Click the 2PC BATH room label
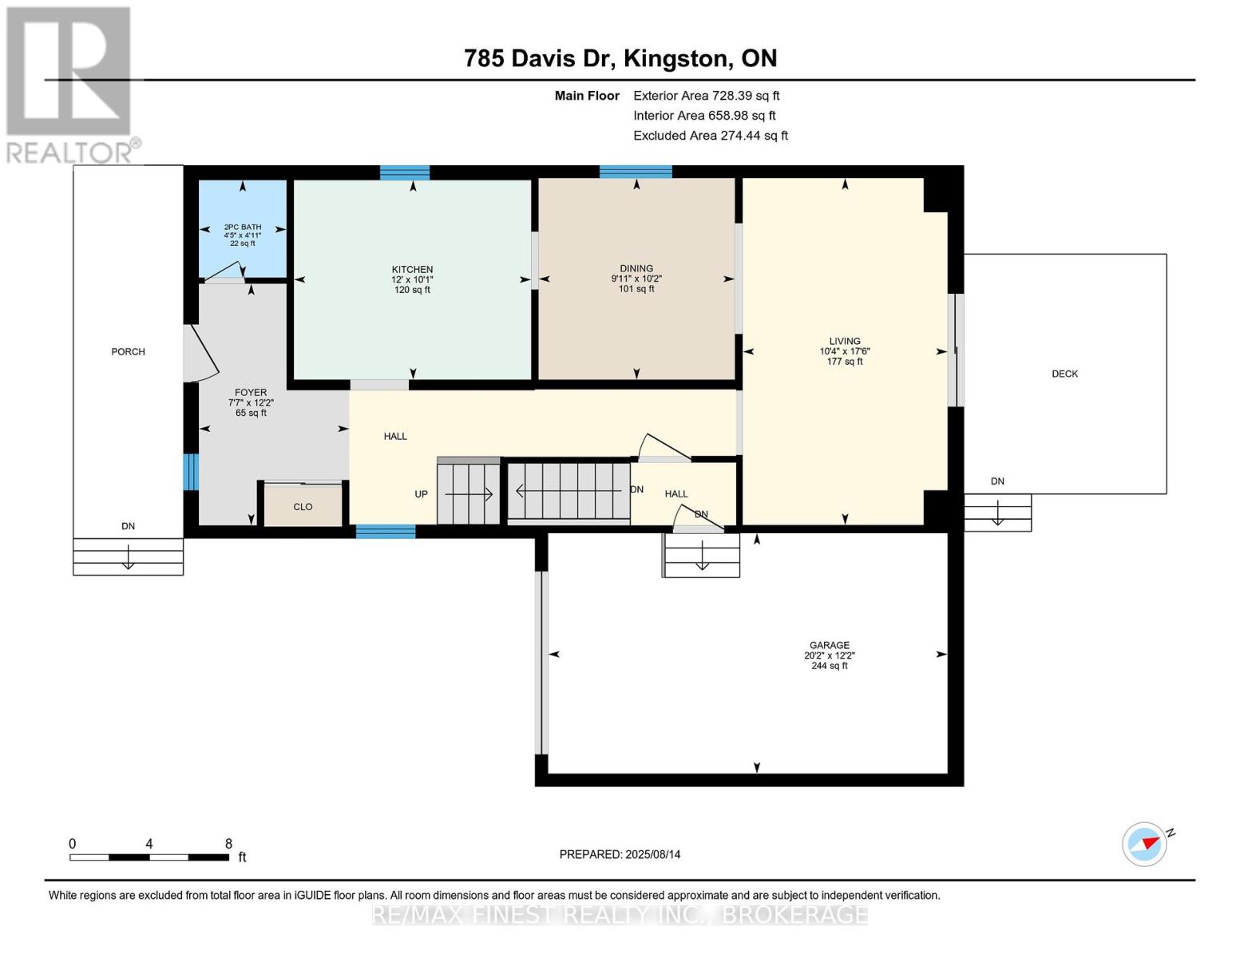click(243, 227)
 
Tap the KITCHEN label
click(412, 269)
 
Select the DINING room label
click(636, 268)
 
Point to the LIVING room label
click(845, 341)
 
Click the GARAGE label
click(829, 645)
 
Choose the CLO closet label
click(303, 507)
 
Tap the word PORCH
click(128, 351)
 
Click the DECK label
click(1065, 374)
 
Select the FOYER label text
click(251, 393)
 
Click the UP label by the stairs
click(421, 494)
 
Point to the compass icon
click(1144, 845)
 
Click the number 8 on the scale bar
click(228, 843)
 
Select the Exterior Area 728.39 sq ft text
click(706, 96)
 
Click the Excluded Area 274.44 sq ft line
click(711, 136)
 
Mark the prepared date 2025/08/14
click(653, 854)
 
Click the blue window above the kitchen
click(405, 172)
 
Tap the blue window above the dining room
click(635, 172)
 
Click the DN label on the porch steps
click(128, 526)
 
